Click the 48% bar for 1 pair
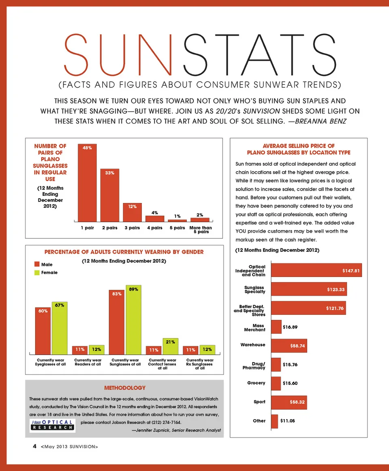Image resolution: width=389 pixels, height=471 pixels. pyautogui.click(x=87, y=183)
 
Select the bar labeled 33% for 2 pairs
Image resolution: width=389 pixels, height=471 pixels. pyautogui.click(x=110, y=195)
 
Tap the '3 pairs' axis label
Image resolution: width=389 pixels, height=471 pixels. pyautogui.click(x=132, y=228)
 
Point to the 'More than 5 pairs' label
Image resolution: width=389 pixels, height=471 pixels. pyautogui.click(x=201, y=230)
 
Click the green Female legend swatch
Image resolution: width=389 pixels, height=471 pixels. pyautogui.click(x=37, y=272)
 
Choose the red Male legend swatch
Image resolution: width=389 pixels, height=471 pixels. pyautogui.click(x=37, y=265)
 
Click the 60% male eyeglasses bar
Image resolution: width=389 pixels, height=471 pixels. pyautogui.click(x=43, y=331)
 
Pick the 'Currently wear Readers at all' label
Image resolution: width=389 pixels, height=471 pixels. pyautogui.click(x=88, y=362)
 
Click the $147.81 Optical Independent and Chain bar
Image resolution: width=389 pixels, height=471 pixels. pyautogui.click(x=316, y=270)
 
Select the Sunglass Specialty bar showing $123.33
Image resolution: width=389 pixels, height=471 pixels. pyautogui.click(x=309, y=289)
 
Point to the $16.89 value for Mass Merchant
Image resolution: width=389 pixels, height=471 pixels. pyautogui.click(x=291, y=326)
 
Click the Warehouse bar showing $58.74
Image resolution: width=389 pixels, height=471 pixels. pyautogui.click(x=289, y=346)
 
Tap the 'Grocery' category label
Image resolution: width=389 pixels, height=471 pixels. pyautogui.click(x=256, y=383)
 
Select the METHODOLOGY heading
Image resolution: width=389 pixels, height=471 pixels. pyautogui.click(x=124, y=388)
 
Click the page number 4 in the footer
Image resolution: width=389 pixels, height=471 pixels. pyautogui.click(x=35, y=446)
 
